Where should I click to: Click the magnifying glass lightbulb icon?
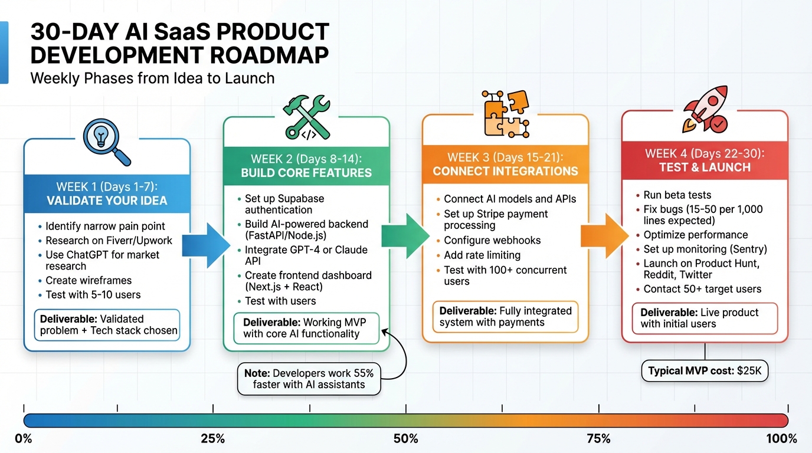pos(107,140)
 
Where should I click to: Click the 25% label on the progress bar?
pos(212,439)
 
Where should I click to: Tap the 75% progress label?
pos(598,439)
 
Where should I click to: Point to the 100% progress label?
pos(781,439)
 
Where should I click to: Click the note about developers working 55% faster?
pos(309,378)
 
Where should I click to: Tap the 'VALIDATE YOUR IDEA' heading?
pos(107,201)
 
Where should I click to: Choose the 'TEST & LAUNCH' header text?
pos(705,168)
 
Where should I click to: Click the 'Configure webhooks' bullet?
pos(492,241)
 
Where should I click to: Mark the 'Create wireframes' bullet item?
pos(89,281)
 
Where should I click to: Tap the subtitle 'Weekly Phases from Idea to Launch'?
pos(152,78)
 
